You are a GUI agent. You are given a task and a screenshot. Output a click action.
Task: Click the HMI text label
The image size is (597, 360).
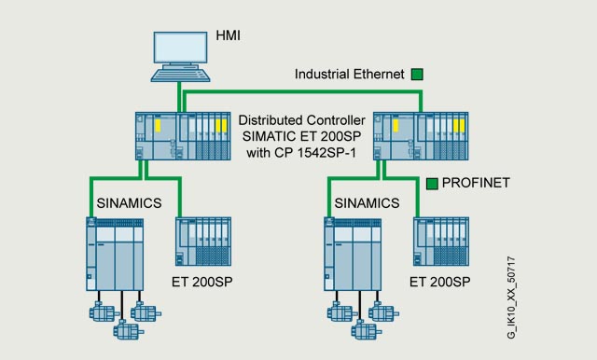click(228, 35)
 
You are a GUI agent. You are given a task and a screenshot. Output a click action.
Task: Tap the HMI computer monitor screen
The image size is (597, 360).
click(180, 48)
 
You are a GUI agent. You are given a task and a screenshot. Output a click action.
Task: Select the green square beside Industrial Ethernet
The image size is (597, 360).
click(417, 75)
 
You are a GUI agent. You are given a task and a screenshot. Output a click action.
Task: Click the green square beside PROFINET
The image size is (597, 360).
click(432, 184)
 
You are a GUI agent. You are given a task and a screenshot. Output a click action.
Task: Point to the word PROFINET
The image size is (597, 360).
click(476, 183)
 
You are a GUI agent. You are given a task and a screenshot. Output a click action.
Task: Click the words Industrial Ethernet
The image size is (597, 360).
click(350, 74)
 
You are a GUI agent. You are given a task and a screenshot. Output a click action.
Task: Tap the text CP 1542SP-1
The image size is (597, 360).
click(315, 153)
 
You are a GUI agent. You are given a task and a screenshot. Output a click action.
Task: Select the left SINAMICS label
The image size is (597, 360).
click(129, 203)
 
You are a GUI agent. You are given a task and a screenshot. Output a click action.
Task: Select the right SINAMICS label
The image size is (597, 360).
click(367, 203)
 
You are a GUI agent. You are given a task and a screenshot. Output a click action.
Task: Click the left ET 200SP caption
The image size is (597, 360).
click(201, 282)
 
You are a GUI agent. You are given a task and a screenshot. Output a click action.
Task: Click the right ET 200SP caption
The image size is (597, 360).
click(439, 282)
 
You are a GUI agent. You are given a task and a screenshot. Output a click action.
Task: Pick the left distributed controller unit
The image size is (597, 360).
click(183, 136)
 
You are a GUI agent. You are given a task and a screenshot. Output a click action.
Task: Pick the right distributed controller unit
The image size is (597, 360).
click(421, 136)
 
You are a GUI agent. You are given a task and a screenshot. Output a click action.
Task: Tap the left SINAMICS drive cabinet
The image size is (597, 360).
click(115, 255)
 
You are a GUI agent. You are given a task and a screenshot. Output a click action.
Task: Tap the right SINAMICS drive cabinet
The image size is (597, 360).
click(353, 255)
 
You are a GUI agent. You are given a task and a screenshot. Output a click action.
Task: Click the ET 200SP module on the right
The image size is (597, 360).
click(441, 242)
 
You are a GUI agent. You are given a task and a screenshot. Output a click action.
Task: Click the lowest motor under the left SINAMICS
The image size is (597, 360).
click(129, 329)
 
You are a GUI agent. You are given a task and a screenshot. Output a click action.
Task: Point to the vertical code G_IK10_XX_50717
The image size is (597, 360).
click(511, 298)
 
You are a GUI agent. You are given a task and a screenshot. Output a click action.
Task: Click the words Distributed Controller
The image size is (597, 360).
click(302, 120)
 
